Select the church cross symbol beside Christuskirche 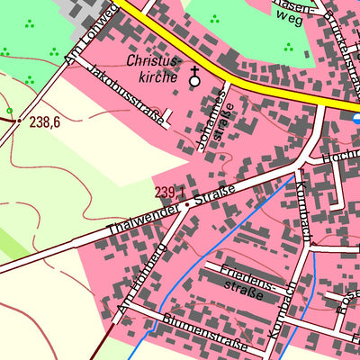pos(194,80)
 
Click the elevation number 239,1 pos(169,193)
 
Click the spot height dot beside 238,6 pos(19,120)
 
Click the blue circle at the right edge pos(357,118)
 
